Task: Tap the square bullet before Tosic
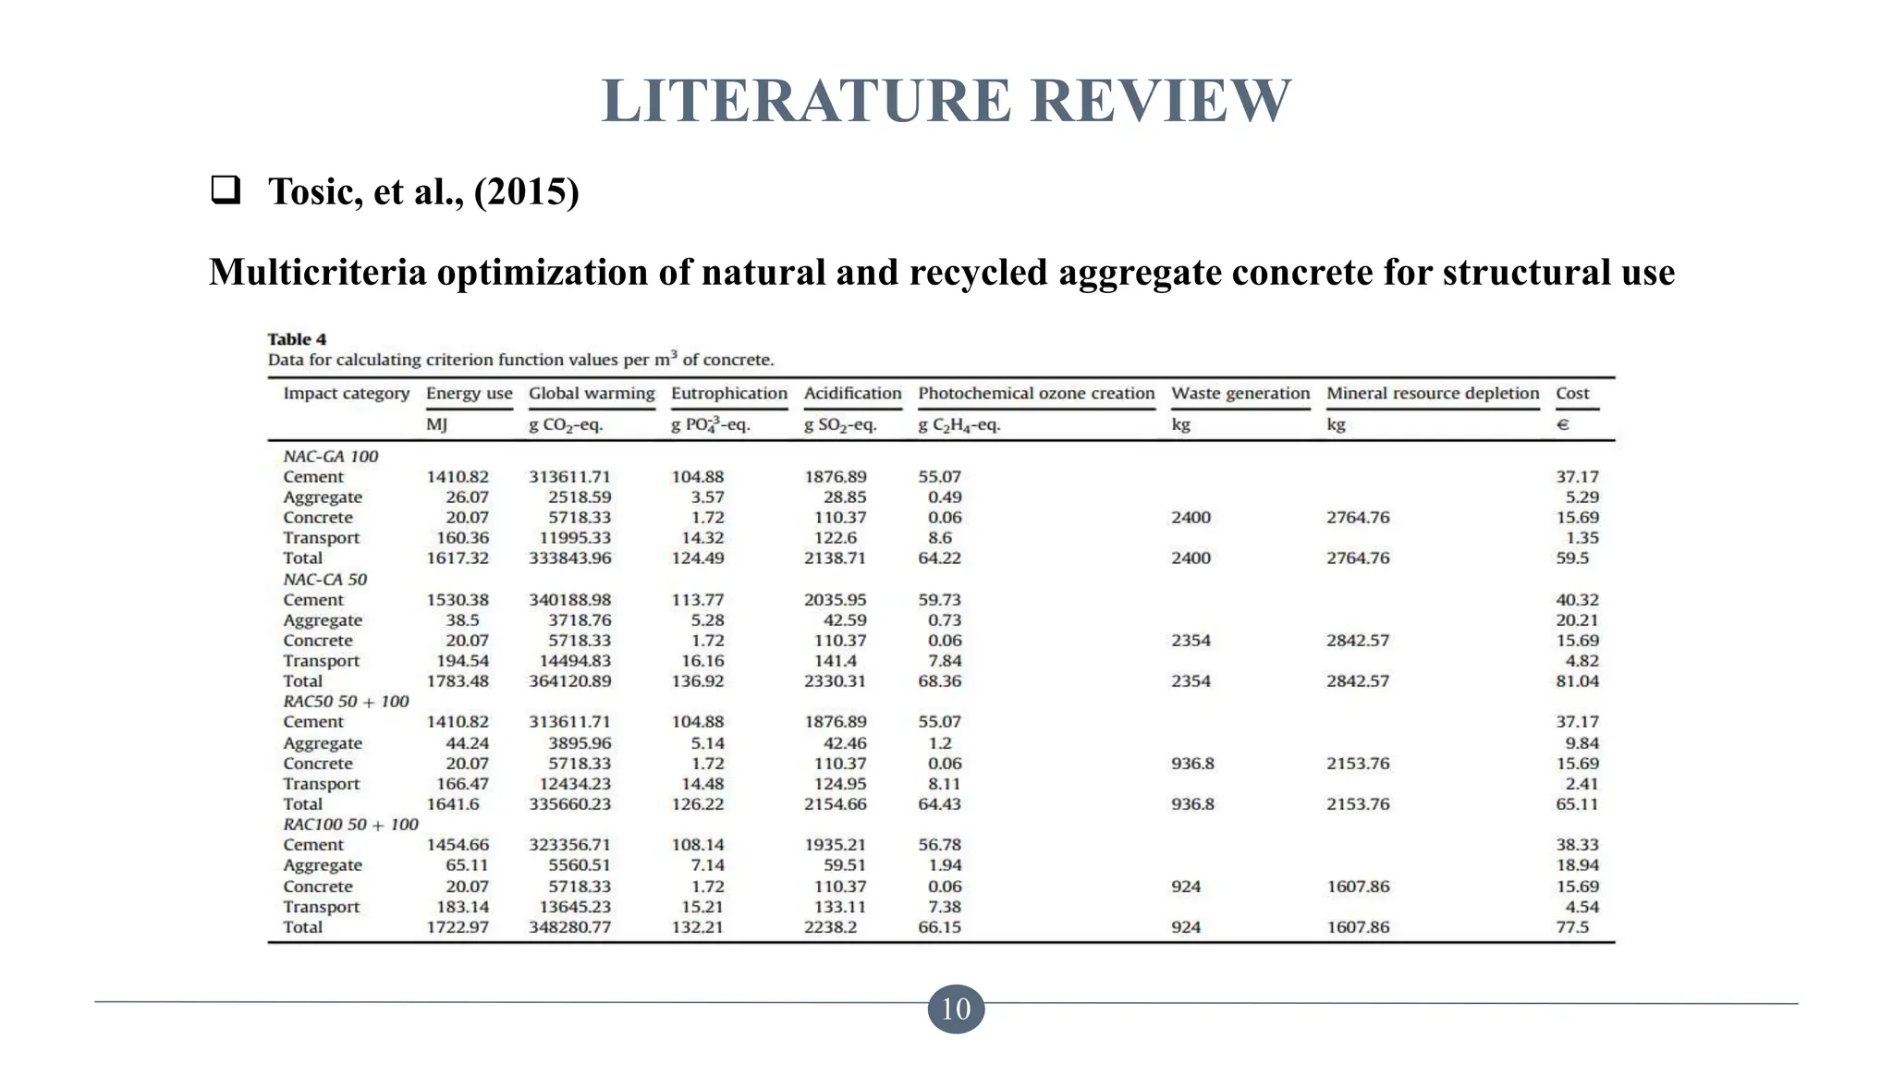(x=226, y=190)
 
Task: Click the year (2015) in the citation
(x=526, y=191)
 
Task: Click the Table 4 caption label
(x=297, y=339)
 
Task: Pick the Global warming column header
(x=592, y=394)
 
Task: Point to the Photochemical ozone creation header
(x=1036, y=394)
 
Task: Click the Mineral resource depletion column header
(x=1433, y=394)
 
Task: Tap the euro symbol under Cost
(x=1563, y=425)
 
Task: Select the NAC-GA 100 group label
(x=330, y=457)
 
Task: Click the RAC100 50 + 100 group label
(x=350, y=825)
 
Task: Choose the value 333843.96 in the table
(x=569, y=558)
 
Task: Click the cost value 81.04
(x=1577, y=681)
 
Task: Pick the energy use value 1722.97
(x=458, y=927)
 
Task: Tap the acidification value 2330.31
(x=835, y=681)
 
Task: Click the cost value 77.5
(x=1572, y=927)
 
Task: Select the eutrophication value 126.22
(x=698, y=804)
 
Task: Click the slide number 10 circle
(x=956, y=1009)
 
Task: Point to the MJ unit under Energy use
(x=436, y=425)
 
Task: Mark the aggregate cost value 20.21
(x=1577, y=620)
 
